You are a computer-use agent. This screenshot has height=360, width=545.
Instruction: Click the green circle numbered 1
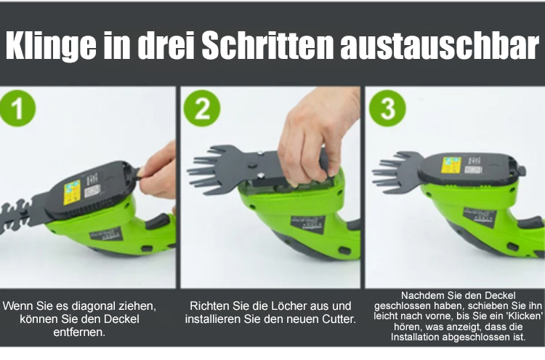pos(17,108)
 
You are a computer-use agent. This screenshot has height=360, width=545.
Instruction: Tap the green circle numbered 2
pos(202,108)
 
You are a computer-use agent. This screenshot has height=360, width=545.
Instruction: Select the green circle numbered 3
pos(387,108)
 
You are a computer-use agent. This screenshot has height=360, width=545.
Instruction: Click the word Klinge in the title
pos(51,47)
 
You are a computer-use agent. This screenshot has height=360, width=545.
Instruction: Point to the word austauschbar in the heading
pos(440,45)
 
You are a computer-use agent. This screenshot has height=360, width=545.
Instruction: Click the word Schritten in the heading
pos(267,45)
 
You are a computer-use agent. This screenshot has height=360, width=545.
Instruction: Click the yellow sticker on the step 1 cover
pos(72,193)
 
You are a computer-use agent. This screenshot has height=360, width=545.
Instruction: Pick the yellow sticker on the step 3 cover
pos(451,165)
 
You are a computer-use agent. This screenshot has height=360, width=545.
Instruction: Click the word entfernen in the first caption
pos(79,332)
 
